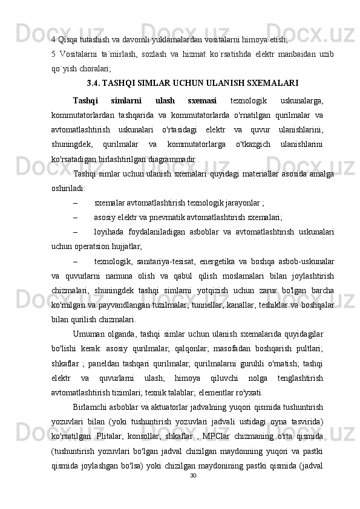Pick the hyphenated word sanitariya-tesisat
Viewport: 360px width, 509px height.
click(171, 261)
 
